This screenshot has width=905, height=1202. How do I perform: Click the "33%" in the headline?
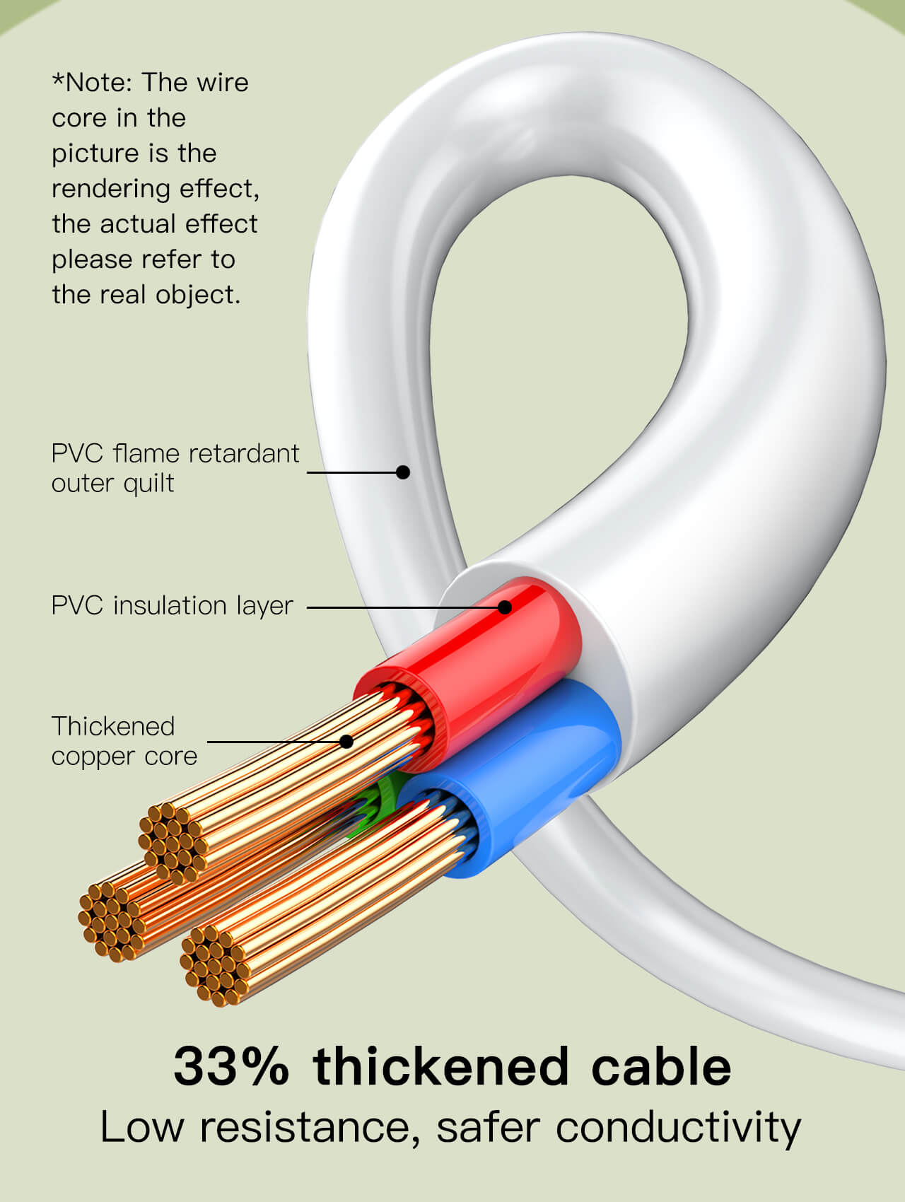(231, 1066)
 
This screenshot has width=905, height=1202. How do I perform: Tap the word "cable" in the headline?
(661, 1066)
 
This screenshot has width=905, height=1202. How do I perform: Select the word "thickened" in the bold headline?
(441, 1066)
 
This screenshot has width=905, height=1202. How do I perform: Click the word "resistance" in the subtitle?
(304, 1127)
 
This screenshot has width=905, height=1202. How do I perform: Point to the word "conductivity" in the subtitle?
(678, 1127)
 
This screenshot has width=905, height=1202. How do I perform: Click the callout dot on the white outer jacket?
(403, 472)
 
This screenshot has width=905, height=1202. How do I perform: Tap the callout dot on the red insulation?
(504, 607)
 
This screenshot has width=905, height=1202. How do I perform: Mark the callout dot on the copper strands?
(346, 741)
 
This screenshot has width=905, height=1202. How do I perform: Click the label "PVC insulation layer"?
(172, 606)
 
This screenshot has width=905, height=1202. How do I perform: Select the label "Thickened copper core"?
(124, 741)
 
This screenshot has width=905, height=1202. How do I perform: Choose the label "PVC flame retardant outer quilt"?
(175, 468)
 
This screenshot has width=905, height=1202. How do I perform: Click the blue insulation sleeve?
(544, 764)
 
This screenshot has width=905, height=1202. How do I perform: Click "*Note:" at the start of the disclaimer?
(92, 83)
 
